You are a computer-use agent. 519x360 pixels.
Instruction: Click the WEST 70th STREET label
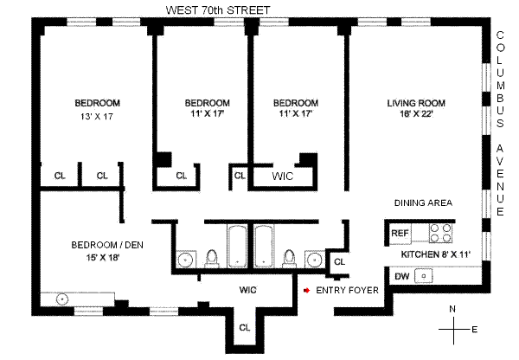click(x=222, y=10)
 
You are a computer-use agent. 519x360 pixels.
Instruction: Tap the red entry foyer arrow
click(x=304, y=291)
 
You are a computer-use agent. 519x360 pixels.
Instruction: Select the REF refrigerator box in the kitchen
click(x=400, y=233)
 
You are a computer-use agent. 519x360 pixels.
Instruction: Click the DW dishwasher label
click(x=400, y=276)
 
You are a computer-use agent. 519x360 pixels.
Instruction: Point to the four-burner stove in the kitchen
click(x=441, y=233)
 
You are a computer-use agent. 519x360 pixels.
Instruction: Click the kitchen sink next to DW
click(x=424, y=276)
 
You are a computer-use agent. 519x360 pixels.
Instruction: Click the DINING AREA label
click(x=424, y=202)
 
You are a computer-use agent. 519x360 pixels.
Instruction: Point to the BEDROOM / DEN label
click(x=107, y=244)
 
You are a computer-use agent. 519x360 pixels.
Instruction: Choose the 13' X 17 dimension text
click(x=97, y=116)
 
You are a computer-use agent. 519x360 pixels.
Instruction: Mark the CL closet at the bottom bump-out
click(x=245, y=327)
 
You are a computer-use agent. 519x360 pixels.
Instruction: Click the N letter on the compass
click(x=452, y=309)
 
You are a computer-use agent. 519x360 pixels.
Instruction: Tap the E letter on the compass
click(x=474, y=329)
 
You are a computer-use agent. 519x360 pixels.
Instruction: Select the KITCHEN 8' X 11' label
click(x=435, y=255)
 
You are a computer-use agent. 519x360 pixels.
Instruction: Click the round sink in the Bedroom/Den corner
click(x=62, y=299)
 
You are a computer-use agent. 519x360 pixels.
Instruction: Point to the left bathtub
click(x=236, y=247)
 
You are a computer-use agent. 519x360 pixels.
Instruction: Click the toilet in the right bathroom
click(x=288, y=256)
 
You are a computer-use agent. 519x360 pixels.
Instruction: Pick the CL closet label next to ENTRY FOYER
click(x=339, y=261)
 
